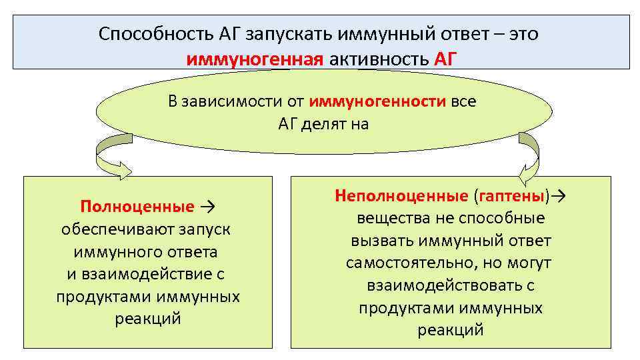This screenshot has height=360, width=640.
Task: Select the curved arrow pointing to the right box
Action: tap(529, 157)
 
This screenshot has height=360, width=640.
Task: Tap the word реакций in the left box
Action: tap(147, 319)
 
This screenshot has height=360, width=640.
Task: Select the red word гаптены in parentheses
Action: tap(511, 196)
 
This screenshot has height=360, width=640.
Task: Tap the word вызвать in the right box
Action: tap(375, 241)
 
